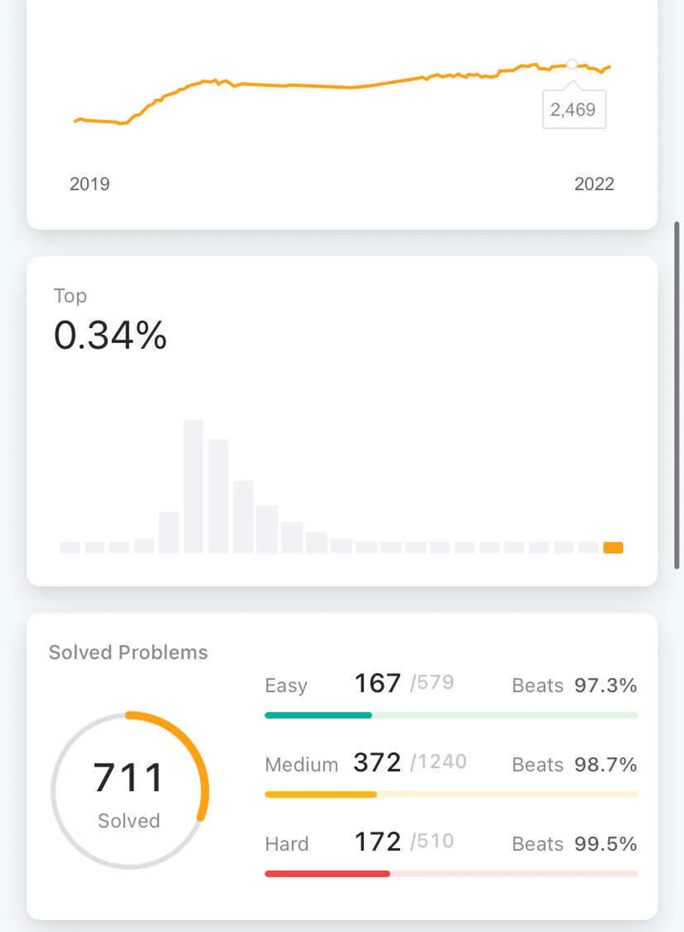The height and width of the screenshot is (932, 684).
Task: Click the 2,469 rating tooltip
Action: pos(573,109)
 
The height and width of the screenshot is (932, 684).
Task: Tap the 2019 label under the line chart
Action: pos(89,184)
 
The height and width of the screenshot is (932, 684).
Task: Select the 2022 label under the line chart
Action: pos(594,184)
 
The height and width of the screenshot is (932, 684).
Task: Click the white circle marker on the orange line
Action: pos(572,64)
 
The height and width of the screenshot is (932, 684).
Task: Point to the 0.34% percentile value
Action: pos(110,335)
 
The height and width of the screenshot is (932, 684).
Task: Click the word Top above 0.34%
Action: pos(70,296)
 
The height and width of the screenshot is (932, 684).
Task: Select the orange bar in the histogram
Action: pos(613,547)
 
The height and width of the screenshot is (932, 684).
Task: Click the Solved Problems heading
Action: pos(128,652)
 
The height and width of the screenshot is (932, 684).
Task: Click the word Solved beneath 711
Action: pos(129,821)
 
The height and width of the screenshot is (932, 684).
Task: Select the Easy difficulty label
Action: pos(286,685)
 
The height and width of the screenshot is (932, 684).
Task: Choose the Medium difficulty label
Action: pos(302,765)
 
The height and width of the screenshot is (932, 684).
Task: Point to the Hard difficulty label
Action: pos(287,844)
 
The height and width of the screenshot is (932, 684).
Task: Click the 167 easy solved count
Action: pos(377,683)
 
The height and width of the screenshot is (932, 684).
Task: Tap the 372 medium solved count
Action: pos(377,762)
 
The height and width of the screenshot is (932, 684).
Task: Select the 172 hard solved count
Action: pos(377,841)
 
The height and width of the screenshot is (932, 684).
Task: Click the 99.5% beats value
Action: pos(605,844)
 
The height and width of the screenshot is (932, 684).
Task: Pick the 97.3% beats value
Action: pos(605,685)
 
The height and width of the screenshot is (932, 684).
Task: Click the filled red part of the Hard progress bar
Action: pos(327,873)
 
